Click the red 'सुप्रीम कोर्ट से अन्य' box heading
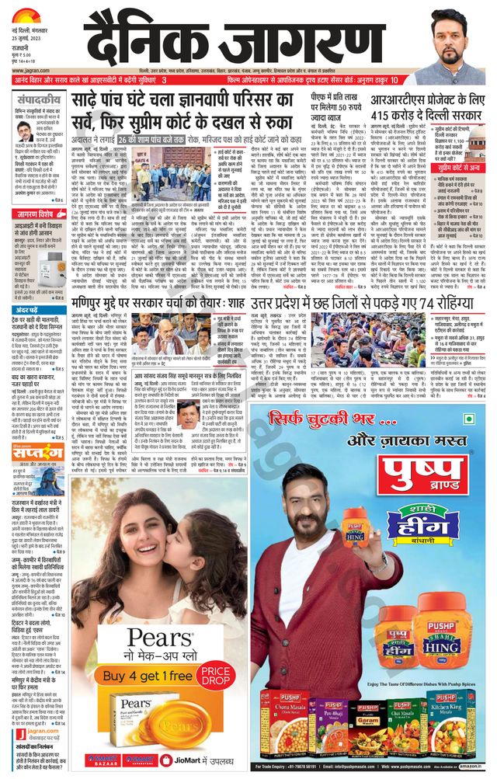[x=450, y=167]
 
